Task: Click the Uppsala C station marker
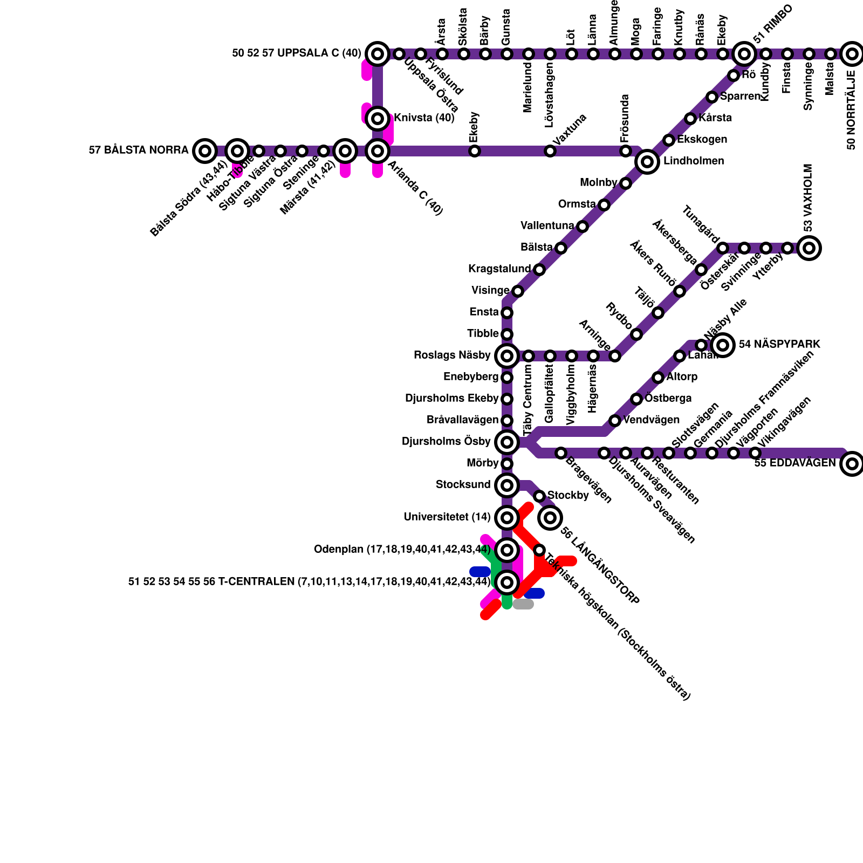click(x=378, y=53)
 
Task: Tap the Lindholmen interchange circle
click(x=647, y=161)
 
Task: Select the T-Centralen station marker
click(x=506, y=582)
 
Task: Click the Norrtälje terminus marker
click(x=852, y=53)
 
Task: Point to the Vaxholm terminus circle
click(x=809, y=248)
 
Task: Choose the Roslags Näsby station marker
click(x=506, y=355)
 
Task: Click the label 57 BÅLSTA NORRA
click(x=139, y=150)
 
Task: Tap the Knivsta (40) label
click(x=424, y=118)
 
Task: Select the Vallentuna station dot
click(x=583, y=226)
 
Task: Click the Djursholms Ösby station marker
click(x=506, y=442)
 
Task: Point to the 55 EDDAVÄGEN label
click(x=794, y=463)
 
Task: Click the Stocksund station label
click(x=463, y=485)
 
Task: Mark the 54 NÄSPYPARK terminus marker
click(x=723, y=345)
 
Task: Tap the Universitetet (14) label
click(x=447, y=517)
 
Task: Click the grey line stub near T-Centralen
click(x=523, y=604)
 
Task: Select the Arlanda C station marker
click(x=378, y=150)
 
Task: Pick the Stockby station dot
click(x=539, y=496)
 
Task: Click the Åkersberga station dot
click(x=701, y=269)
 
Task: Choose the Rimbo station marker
click(x=744, y=53)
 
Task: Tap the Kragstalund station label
click(x=499, y=269)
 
